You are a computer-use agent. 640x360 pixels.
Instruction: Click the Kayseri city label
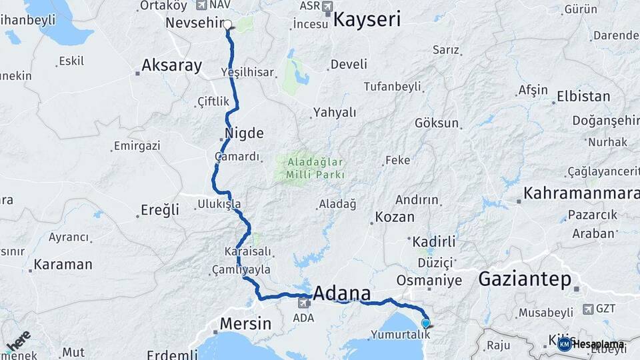pos(367,19)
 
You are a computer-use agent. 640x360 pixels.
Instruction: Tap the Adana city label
pos(341,293)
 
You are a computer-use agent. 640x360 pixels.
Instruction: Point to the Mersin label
pos(245,325)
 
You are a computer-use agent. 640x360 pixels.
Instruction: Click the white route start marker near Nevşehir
pos(227,25)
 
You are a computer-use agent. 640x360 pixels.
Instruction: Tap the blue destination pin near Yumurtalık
pos(425,323)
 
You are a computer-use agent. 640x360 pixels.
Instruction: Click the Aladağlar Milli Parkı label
pos(315,167)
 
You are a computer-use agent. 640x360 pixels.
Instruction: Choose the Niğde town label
pos(244,133)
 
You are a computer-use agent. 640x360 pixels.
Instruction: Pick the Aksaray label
pos(171,65)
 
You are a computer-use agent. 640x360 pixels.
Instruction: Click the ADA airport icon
pos(303,304)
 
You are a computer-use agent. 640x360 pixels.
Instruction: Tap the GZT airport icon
pos(587,309)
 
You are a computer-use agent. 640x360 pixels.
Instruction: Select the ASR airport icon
pos(327,7)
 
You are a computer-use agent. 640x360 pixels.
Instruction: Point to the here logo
pos(18,339)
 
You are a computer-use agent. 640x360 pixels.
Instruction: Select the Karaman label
pos(63,264)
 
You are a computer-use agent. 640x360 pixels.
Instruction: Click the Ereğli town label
pos(160,210)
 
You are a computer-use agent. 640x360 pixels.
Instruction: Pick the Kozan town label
pos(395,217)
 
